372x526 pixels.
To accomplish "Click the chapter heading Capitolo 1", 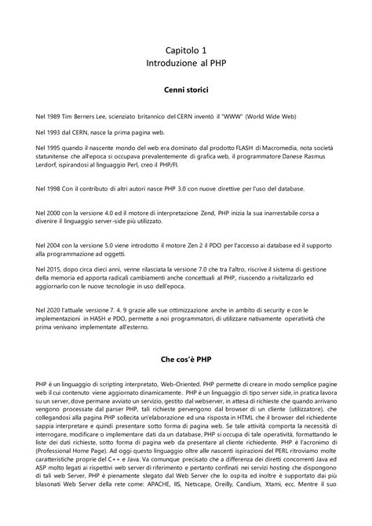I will click(x=186, y=50).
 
